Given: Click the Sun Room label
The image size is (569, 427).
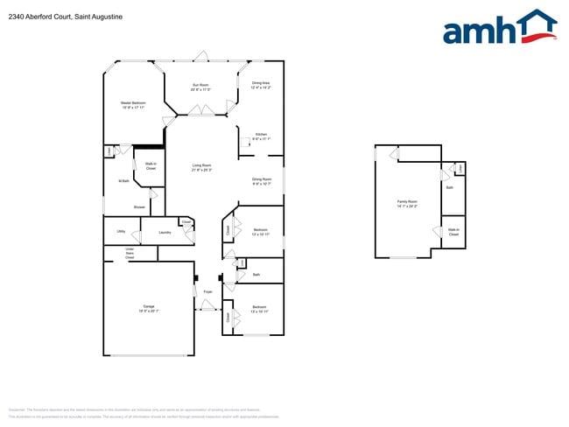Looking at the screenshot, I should (202, 86).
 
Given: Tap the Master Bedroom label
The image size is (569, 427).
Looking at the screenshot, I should (133, 104).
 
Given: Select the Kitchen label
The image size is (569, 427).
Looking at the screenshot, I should (261, 136).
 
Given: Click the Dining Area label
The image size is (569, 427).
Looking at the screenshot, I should (261, 85).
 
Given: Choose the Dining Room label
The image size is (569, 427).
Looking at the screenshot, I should (262, 181).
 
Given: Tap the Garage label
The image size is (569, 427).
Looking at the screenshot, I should (149, 307).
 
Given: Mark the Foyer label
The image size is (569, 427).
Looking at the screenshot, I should (207, 291).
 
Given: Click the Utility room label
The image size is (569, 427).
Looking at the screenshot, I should (121, 232).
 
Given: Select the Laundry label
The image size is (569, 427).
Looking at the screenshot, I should (165, 233).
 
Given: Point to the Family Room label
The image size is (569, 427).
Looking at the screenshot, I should (407, 203).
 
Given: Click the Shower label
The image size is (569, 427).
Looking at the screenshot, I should (139, 207).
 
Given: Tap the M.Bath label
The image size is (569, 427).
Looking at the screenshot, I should (123, 181).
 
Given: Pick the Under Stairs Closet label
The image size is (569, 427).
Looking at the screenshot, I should (130, 254).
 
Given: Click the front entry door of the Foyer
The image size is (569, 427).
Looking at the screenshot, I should (207, 306).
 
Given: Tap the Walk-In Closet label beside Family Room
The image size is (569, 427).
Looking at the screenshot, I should (453, 233).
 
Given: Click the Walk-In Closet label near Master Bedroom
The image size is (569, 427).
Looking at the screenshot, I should (151, 166).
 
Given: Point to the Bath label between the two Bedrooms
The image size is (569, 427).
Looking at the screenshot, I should (256, 275).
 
